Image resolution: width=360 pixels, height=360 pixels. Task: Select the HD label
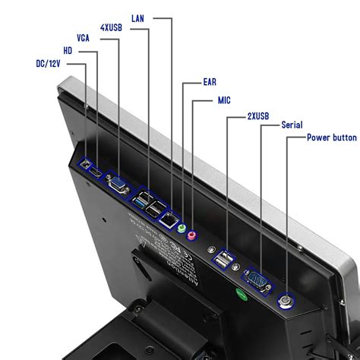click(68, 50)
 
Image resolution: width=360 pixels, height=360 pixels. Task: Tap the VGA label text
click(85, 37)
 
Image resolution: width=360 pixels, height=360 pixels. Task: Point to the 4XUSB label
click(112, 27)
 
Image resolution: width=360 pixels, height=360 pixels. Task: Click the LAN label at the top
click(137, 17)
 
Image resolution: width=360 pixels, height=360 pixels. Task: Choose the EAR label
click(212, 82)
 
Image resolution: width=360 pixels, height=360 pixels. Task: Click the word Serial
click(293, 125)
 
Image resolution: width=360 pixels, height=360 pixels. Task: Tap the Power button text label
click(331, 137)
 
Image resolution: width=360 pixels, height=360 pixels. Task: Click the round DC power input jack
click(87, 164)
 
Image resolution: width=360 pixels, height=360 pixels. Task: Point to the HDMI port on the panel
click(96, 174)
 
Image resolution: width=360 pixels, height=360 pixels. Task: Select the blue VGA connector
click(118, 183)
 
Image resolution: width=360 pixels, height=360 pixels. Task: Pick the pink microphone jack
click(191, 235)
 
